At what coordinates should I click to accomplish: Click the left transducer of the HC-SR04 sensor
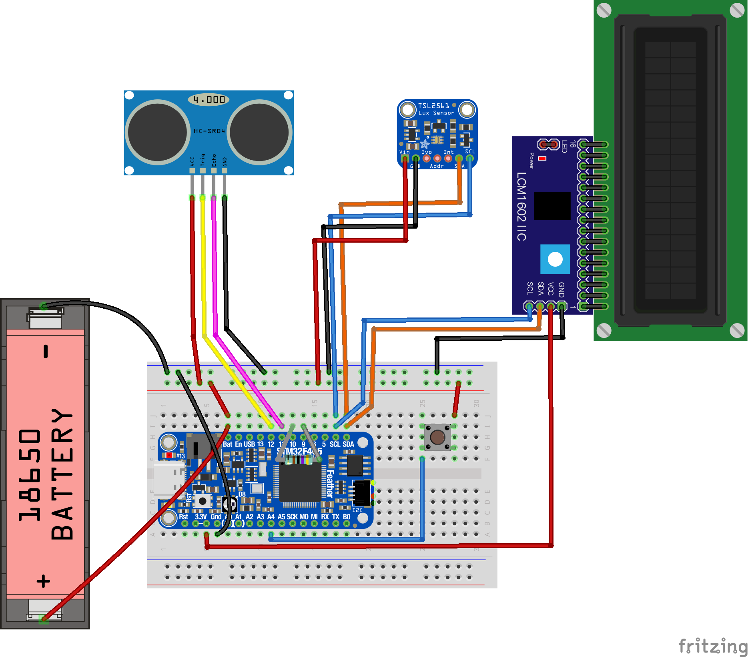(157, 132)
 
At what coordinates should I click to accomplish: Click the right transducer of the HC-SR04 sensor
(259, 132)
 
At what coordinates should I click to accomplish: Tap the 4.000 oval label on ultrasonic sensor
(209, 99)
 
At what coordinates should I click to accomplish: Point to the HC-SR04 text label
(209, 131)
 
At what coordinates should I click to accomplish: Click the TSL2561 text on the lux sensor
(433, 106)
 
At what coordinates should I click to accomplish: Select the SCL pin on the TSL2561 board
(470, 158)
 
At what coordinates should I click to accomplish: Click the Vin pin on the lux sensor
(405, 158)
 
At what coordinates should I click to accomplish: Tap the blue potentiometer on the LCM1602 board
(555, 259)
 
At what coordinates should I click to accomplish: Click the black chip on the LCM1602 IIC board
(552, 206)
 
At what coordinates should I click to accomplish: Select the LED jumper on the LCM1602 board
(548, 144)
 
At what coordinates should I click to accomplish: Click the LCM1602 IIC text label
(521, 206)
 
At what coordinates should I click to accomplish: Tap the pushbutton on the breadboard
(437, 437)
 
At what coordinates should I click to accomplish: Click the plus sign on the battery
(44, 581)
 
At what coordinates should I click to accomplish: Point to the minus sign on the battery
(46, 351)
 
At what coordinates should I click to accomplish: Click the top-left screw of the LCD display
(604, 10)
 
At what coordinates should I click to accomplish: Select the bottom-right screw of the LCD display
(737, 330)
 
